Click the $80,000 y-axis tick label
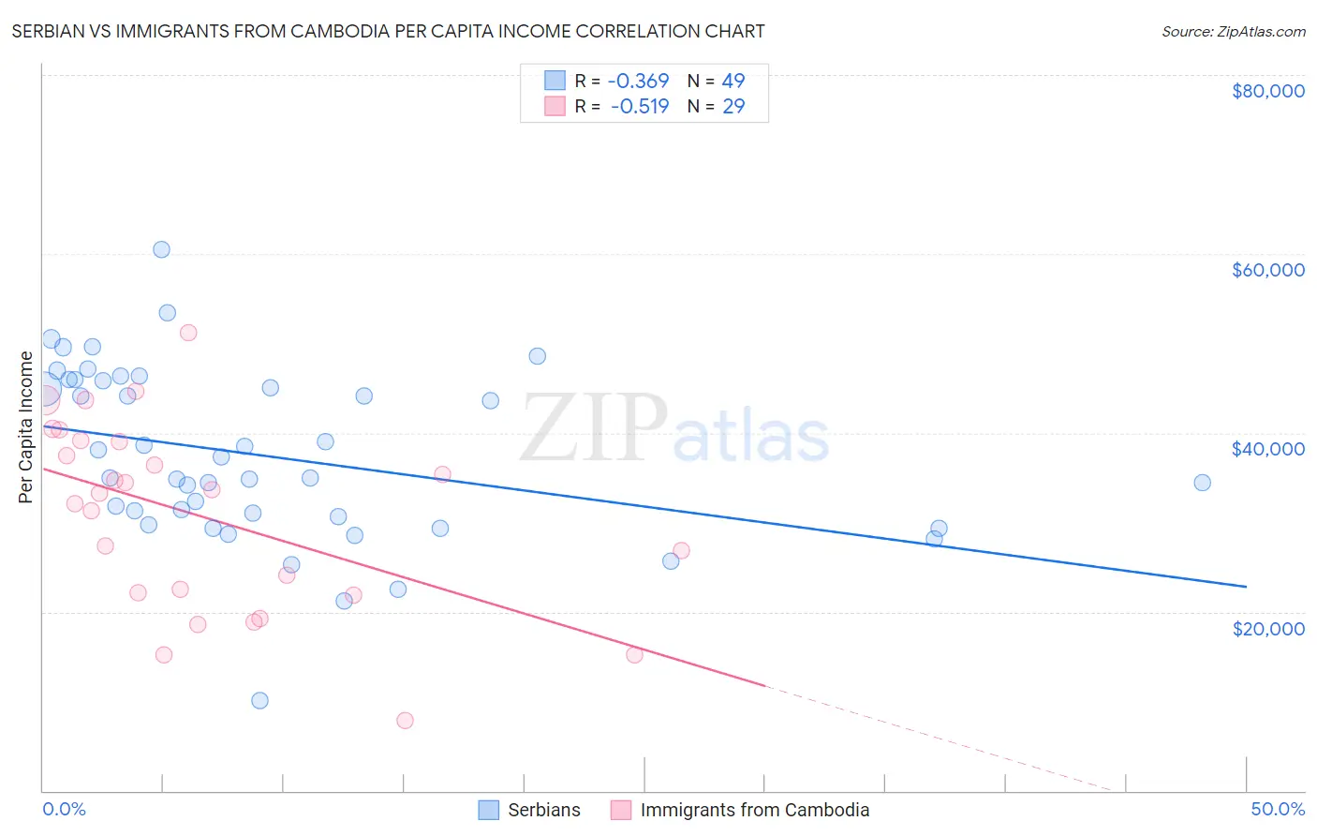click(x=1267, y=91)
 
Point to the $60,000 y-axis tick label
click(x=1267, y=270)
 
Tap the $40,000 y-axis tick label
click(x=1267, y=449)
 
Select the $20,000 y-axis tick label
click(x=1267, y=628)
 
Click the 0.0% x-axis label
click(x=64, y=810)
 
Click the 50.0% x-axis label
click(x=1277, y=810)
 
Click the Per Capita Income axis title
click(x=26, y=426)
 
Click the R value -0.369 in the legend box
click(x=638, y=82)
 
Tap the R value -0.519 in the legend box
click(x=640, y=107)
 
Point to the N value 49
click(x=732, y=82)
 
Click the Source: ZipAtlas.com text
click(x=1233, y=32)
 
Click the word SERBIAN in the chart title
click(x=57, y=32)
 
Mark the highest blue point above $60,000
click(x=161, y=249)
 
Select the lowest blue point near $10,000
click(x=259, y=700)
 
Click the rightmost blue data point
click(x=1202, y=483)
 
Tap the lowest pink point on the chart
click(x=405, y=720)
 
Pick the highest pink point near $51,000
click(x=188, y=333)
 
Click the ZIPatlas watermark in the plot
click(x=674, y=428)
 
